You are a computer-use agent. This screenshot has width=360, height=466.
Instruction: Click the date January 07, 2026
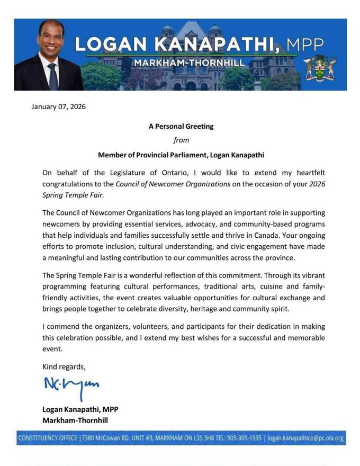pyautogui.click(x=59, y=106)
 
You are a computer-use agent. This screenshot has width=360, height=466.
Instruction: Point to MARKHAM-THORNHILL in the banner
pyautogui.click(x=189, y=63)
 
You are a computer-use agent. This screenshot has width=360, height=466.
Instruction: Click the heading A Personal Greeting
pyautogui.click(x=181, y=127)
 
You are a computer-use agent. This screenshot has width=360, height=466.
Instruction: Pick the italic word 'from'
pyautogui.click(x=181, y=140)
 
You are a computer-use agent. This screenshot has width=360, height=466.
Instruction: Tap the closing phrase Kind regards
pyautogui.click(x=64, y=366)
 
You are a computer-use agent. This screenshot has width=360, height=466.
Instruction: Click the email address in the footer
pyautogui.click(x=305, y=438)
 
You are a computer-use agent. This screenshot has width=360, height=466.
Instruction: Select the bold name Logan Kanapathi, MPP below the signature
pyautogui.click(x=84, y=409)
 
